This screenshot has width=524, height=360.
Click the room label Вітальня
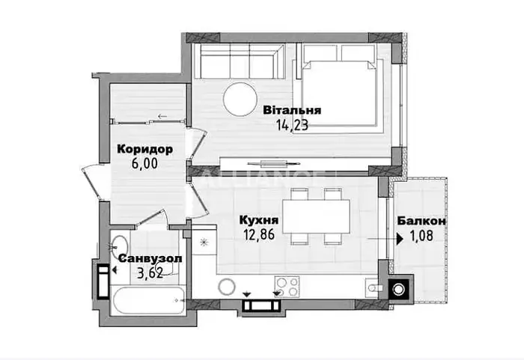[x=292, y=110]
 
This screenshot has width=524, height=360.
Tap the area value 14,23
[x=292, y=125]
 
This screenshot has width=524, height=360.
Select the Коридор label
[x=144, y=149]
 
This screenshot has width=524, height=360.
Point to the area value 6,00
[x=144, y=164]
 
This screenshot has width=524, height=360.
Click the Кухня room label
[x=259, y=220]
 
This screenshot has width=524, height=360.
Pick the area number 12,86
[x=259, y=235]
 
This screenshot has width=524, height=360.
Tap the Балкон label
[x=421, y=221]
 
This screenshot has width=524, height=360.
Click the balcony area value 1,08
[x=421, y=236]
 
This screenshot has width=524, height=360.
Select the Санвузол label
[x=150, y=258]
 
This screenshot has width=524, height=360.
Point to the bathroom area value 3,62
[x=150, y=273]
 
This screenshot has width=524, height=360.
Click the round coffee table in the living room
[x=240, y=100]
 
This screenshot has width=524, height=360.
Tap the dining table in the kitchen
[x=316, y=216]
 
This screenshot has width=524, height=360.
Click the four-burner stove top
[x=287, y=287]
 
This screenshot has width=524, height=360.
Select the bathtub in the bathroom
[x=149, y=300]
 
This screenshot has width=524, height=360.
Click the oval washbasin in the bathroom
[x=119, y=246]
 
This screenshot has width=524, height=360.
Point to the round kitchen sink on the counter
[x=227, y=287]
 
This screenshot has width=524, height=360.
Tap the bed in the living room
[x=338, y=93]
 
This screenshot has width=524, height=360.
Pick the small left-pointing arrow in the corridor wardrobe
[x=162, y=116]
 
